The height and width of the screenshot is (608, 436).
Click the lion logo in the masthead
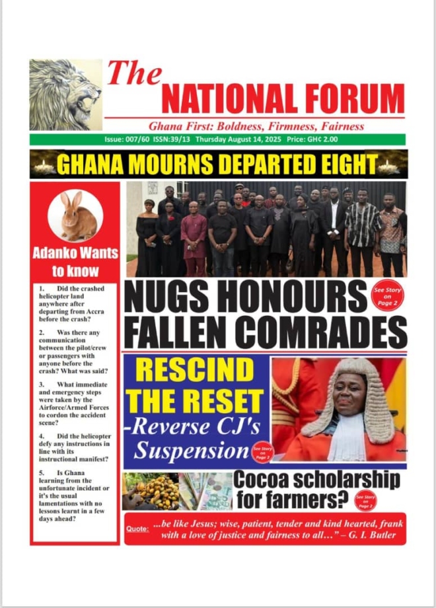point(65,94)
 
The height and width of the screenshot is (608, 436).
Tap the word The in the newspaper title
point(134,73)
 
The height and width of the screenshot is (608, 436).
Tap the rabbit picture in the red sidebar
point(75,215)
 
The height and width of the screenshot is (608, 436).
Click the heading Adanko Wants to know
point(75,261)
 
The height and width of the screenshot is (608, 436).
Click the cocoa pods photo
point(151,491)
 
